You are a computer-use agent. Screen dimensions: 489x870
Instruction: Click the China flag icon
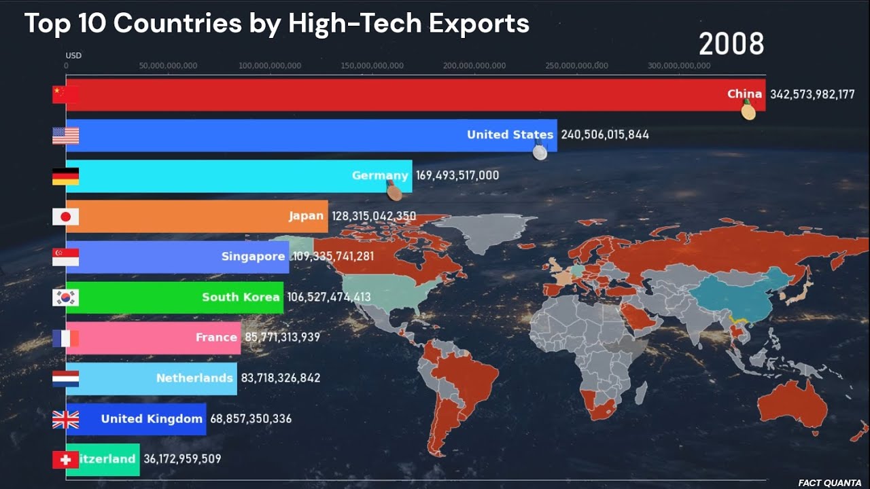point(65,95)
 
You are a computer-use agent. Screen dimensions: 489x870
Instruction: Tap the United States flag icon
point(65,136)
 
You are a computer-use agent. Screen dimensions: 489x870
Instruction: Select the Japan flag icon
point(65,217)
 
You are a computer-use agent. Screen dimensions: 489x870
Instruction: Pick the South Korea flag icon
point(65,297)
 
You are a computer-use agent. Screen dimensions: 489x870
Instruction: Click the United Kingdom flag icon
point(65,419)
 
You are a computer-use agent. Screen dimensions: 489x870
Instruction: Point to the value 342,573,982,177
point(812,95)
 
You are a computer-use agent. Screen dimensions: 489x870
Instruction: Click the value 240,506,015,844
point(605,135)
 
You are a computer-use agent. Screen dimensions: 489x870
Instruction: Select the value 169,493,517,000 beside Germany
point(457,175)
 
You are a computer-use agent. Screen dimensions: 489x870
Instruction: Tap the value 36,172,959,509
point(182,459)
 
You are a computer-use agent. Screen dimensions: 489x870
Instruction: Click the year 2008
point(731,45)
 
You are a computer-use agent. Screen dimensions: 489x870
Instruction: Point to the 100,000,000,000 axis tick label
point(270,66)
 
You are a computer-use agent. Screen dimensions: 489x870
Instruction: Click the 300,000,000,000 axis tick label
point(679,66)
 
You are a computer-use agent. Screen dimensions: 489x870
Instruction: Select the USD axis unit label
point(73,56)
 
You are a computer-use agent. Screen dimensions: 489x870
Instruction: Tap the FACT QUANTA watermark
point(829,483)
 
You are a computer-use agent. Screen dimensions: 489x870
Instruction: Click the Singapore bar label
point(253,257)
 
